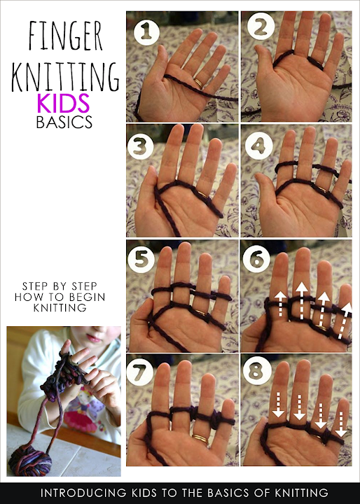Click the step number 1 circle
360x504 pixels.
146,32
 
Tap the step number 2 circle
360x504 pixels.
261,27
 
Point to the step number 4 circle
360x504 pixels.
258,146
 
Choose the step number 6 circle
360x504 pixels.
256,259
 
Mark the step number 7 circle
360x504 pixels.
140,373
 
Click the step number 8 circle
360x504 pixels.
256,373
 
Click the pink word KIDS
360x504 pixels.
63,103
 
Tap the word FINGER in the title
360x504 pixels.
65,36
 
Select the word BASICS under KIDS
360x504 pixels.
64,122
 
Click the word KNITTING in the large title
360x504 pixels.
65,76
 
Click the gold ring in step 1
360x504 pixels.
198,83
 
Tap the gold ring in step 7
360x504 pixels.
200,437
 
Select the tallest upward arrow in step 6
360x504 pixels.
302,300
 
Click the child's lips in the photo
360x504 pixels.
94,338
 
